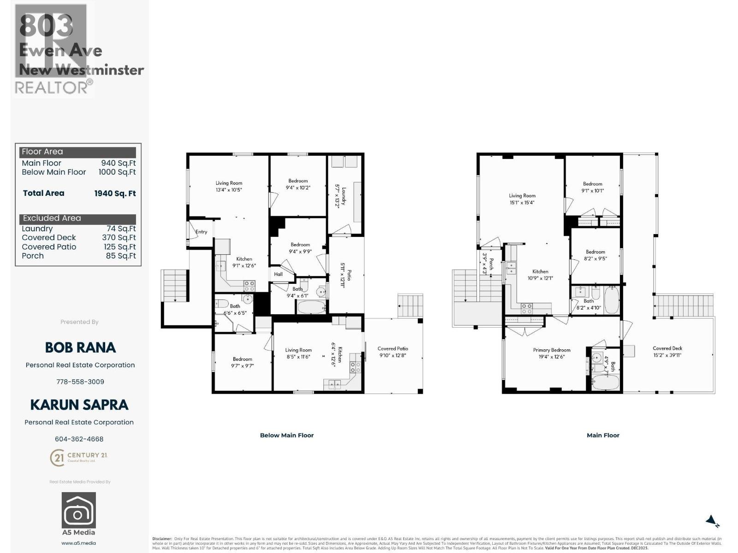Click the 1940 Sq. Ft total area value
click(115, 194)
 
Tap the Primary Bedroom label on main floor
click(552, 353)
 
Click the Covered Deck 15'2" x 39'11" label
click(667, 352)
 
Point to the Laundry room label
click(340, 196)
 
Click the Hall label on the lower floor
click(278, 274)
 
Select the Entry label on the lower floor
click(201, 232)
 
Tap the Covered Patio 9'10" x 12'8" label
click(393, 352)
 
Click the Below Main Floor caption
click(286, 435)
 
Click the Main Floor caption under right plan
click(603, 435)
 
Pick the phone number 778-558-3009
click(80, 382)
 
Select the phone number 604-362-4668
click(79, 439)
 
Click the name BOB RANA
click(80, 347)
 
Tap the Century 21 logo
click(78, 457)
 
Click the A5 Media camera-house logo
click(79, 510)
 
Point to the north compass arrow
click(712, 522)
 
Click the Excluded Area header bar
click(78, 218)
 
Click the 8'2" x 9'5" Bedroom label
click(595, 255)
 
